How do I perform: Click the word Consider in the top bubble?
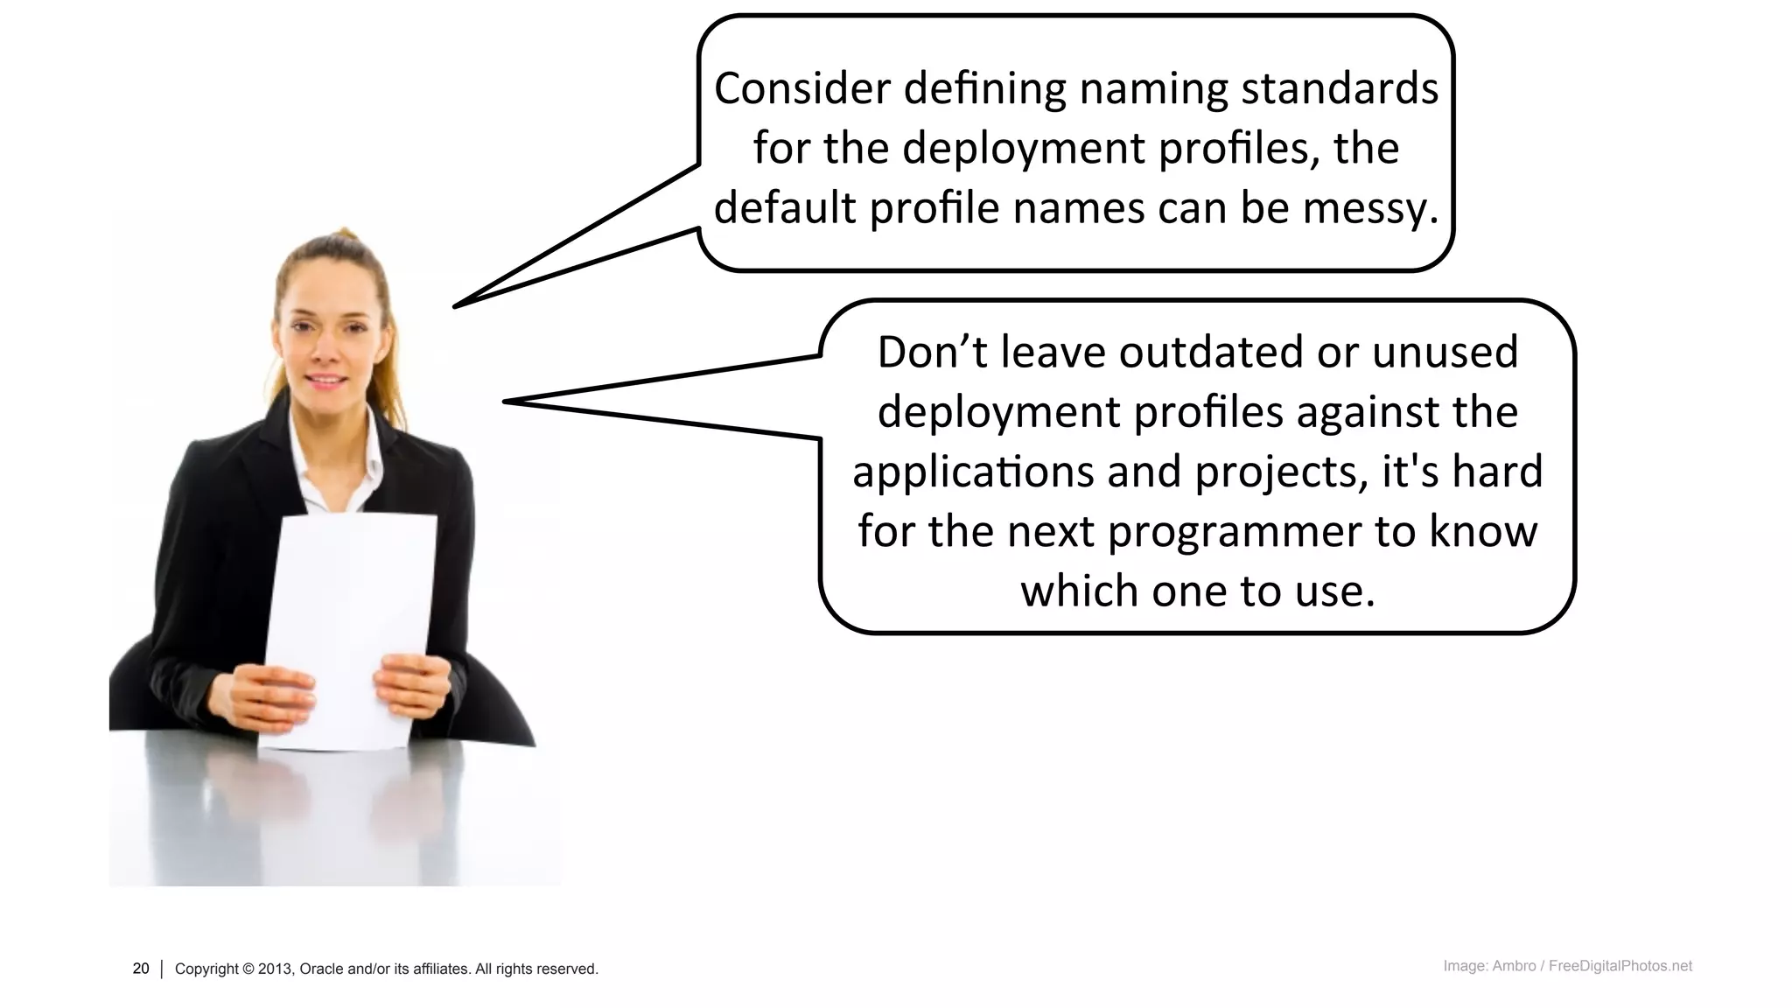tap(801, 89)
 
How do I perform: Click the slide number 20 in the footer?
tap(141, 969)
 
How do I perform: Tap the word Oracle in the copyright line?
tap(321, 969)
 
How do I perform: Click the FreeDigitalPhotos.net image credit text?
tap(1620, 966)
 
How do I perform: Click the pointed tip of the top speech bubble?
tap(456, 305)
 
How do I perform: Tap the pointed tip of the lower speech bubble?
tap(507, 402)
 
